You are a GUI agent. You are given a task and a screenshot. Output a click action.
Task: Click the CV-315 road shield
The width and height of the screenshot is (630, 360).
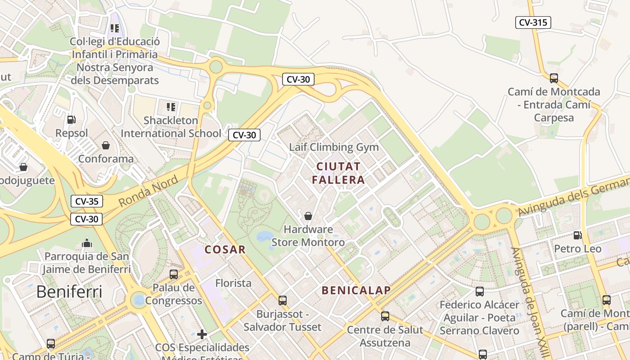click(x=533, y=22)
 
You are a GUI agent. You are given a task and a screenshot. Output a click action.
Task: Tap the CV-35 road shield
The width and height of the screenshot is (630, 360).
click(x=86, y=201)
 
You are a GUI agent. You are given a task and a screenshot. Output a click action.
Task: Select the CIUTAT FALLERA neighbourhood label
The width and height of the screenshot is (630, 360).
click(x=338, y=173)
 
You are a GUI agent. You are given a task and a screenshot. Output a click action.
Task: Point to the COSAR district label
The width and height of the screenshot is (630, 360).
click(x=225, y=249)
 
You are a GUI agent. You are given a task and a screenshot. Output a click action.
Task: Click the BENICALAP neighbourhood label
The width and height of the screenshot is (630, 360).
click(x=356, y=290)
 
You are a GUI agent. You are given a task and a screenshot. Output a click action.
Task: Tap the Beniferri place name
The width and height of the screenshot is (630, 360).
click(x=69, y=292)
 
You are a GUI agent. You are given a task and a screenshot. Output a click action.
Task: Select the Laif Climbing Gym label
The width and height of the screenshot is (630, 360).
click(x=334, y=147)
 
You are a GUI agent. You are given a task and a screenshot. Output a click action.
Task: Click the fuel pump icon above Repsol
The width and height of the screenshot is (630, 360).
click(x=71, y=120)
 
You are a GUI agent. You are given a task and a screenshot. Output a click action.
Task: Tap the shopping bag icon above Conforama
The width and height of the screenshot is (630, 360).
click(x=106, y=145)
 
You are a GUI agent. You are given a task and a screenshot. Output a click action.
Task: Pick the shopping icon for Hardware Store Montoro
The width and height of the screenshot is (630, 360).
click(x=308, y=216)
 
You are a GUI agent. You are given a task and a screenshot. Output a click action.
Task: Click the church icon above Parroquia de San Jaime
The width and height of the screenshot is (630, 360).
click(x=87, y=243)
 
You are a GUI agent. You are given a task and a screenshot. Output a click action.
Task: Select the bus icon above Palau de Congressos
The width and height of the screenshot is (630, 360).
click(x=174, y=274)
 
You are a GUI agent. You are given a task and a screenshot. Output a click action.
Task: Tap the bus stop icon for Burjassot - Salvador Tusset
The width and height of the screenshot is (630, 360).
click(x=283, y=300)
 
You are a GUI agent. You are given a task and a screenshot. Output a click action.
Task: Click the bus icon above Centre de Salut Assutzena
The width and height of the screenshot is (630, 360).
click(x=385, y=316)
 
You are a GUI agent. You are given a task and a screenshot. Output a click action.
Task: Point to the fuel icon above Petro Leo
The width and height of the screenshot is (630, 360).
click(x=577, y=235)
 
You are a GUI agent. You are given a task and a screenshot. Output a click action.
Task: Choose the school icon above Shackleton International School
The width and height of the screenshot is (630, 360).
click(x=171, y=107)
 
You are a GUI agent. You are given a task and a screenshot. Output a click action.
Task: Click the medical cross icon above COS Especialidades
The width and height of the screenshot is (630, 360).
click(x=202, y=334)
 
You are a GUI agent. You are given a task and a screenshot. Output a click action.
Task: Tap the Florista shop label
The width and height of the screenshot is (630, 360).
click(x=233, y=283)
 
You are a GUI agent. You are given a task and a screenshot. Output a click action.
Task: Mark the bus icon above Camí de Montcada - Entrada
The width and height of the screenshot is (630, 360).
click(x=554, y=78)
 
